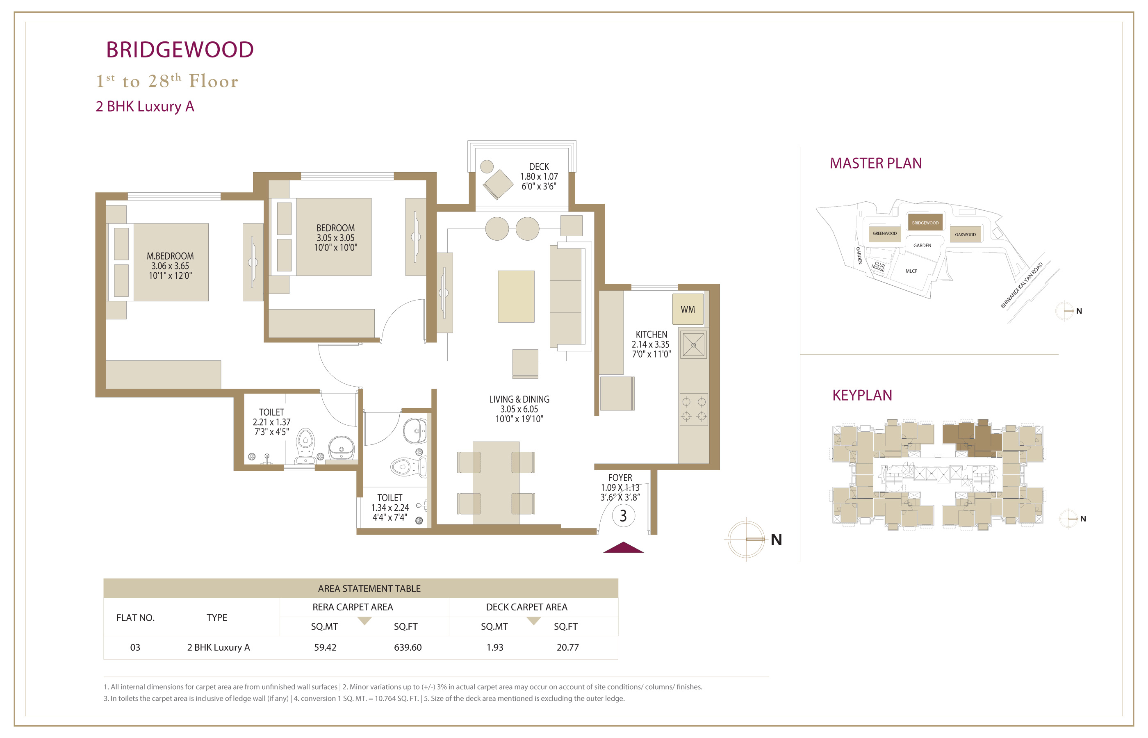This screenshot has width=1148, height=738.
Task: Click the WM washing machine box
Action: pyautogui.click(x=688, y=309)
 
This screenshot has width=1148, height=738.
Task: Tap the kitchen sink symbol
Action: pyautogui.click(x=693, y=344)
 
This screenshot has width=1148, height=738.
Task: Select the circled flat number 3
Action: pyautogui.click(x=623, y=516)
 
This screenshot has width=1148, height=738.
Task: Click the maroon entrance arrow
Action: pyautogui.click(x=623, y=547)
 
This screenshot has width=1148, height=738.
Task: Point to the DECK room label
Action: pyautogui.click(x=539, y=167)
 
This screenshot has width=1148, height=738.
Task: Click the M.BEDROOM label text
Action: pyautogui.click(x=170, y=256)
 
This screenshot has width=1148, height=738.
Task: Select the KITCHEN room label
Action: pyautogui.click(x=651, y=335)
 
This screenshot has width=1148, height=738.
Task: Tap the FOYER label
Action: pyautogui.click(x=620, y=478)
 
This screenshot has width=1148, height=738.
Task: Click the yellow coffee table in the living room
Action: pyautogui.click(x=516, y=296)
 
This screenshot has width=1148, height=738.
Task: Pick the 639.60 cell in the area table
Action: pyautogui.click(x=408, y=647)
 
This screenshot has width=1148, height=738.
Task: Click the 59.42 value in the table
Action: pyautogui.click(x=325, y=647)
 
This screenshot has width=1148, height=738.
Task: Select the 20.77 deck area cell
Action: pyautogui.click(x=568, y=647)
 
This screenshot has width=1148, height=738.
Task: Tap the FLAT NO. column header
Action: pyautogui.click(x=135, y=618)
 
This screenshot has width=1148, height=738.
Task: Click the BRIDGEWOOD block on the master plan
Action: pyautogui.click(x=925, y=222)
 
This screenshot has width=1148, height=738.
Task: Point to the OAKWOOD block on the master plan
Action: pyautogui.click(x=965, y=235)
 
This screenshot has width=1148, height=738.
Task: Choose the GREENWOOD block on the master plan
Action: pyautogui.click(x=884, y=233)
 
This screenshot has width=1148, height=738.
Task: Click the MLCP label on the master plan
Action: pyautogui.click(x=911, y=271)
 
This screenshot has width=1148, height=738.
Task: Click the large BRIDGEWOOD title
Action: pyautogui.click(x=180, y=50)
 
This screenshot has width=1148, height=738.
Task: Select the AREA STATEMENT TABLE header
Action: pyautogui.click(x=369, y=588)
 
